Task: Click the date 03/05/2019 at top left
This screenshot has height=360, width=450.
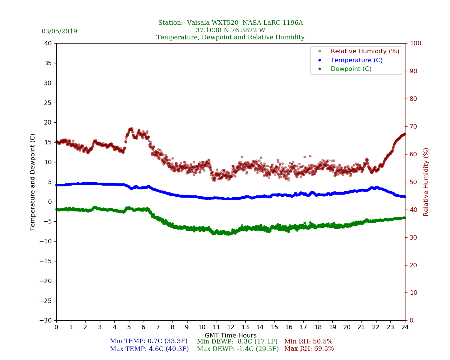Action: [x=59, y=31]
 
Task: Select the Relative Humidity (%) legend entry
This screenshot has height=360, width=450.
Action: [x=364, y=51]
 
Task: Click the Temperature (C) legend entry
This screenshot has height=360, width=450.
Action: [x=356, y=60]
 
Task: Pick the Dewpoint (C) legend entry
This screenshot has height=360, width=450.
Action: [x=351, y=69]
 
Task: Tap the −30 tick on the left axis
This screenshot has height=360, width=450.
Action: [x=47, y=321]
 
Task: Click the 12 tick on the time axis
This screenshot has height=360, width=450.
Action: [x=231, y=327]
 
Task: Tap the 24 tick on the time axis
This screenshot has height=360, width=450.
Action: [x=405, y=327]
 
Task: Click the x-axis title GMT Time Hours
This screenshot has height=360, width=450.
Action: [x=231, y=336]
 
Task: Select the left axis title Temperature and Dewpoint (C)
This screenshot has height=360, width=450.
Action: [x=33, y=182]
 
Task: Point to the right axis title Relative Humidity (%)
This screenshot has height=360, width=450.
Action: [x=426, y=182]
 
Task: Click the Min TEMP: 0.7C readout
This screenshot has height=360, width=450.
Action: [x=148, y=342]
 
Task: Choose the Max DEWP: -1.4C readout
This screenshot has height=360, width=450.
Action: [x=238, y=349]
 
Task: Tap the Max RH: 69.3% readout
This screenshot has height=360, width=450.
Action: [x=309, y=349]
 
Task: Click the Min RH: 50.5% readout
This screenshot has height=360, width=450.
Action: [x=308, y=342]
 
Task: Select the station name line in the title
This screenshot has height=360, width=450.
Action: [x=231, y=23]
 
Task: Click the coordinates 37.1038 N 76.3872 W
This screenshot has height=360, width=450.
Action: [x=231, y=30]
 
